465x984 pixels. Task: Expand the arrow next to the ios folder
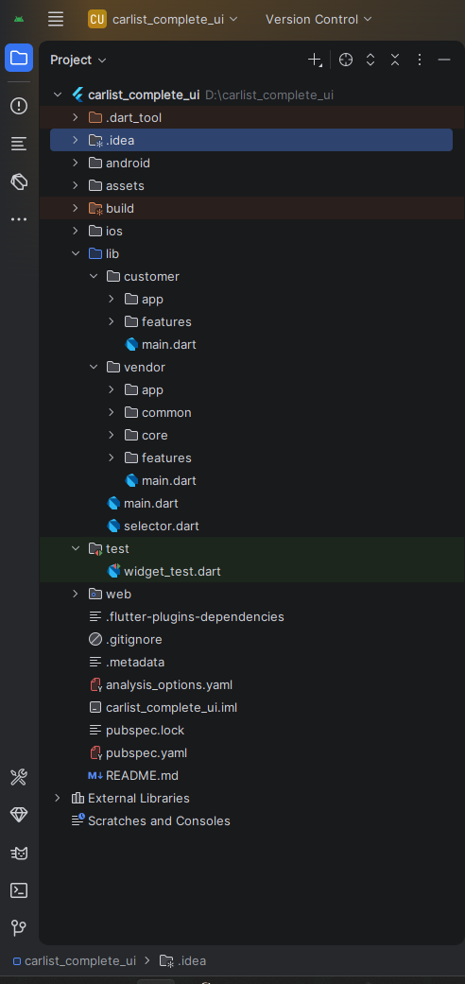click(x=76, y=231)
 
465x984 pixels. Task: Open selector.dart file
click(x=162, y=526)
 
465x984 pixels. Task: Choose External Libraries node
click(x=138, y=798)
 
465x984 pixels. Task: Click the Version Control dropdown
click(x=319, y=20)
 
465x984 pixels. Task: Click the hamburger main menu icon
click(x=56, y=20)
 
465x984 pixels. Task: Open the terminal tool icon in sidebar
click(x=19, y=890)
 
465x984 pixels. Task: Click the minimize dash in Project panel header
click(x=444, y=60)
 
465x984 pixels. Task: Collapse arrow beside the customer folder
click(x=94, y=277)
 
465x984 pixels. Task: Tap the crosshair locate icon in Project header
click(x=346, y=60)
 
